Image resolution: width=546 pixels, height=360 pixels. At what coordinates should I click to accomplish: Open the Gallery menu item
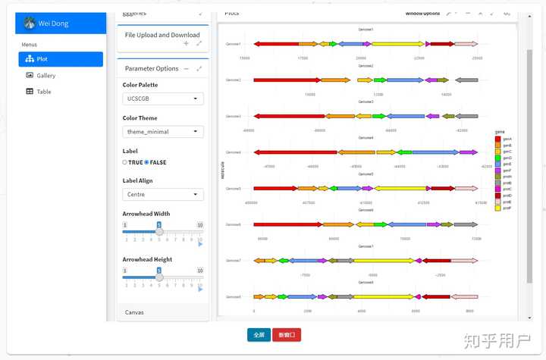tap(45, 76)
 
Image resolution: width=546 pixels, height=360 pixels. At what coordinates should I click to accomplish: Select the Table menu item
tap(43, 92)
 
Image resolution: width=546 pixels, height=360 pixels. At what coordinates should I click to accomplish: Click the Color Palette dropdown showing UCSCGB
tap(163, 99)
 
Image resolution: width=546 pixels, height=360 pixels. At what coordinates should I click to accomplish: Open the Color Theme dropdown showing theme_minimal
tap(163, 132)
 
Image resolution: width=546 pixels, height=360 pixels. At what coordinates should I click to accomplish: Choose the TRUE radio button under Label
tap(125, 162)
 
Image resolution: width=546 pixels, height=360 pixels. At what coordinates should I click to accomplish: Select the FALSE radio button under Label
tap(146, 162)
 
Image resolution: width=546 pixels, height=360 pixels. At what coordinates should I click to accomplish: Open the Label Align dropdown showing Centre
tap(163, 195)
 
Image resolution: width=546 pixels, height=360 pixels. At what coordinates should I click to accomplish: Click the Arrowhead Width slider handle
tap(159, 232)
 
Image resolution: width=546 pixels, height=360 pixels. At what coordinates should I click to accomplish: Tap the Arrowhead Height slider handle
tap(159, 277)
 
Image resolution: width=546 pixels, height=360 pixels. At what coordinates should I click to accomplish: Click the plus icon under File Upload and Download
tap(187, 44)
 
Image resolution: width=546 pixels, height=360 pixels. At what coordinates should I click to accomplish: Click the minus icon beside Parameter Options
tap(187, 68)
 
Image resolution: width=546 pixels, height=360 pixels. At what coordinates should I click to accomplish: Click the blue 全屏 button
tap(259, 334)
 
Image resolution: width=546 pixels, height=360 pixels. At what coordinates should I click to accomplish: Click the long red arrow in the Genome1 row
tap(276, 44)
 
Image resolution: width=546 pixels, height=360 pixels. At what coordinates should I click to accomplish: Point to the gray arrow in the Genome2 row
tap(466, 80)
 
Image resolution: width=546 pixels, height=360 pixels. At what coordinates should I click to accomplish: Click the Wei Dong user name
tap(54, 24)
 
